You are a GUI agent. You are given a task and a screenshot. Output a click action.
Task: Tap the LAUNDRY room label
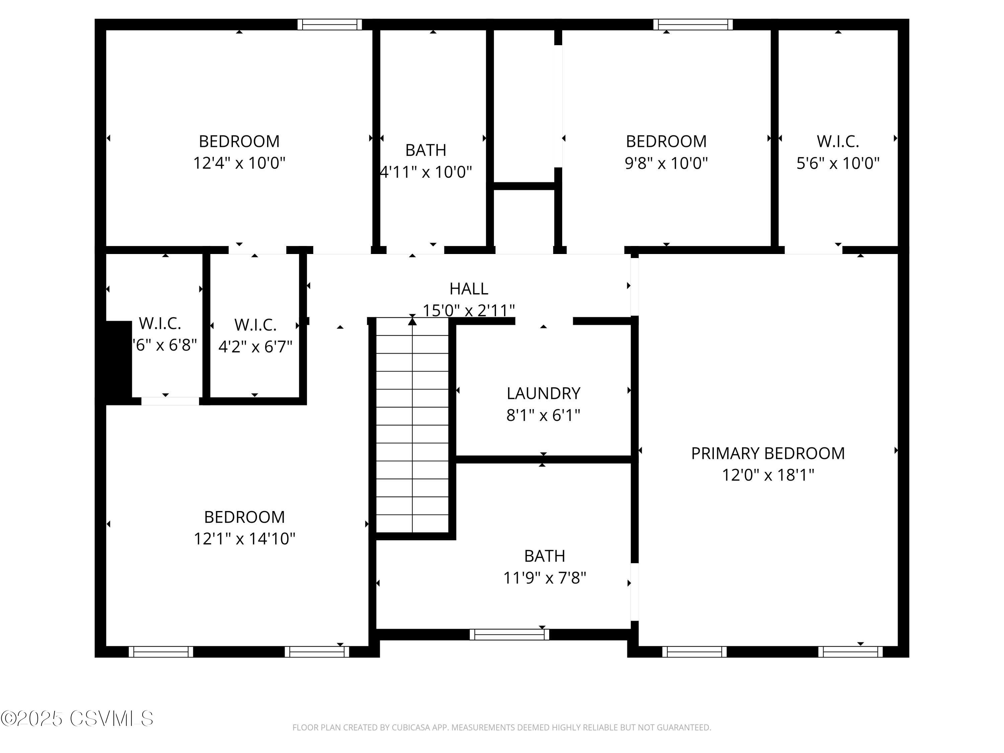(543, 393)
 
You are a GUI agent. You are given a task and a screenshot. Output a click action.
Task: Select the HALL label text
(469, 289)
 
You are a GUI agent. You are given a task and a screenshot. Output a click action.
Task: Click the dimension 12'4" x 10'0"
(239, 163)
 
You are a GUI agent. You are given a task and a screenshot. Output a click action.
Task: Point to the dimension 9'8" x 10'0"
(666, 163)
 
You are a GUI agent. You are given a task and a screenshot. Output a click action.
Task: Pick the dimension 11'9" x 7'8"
(544, 578)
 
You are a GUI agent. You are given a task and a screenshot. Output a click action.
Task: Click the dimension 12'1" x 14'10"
(244, 539)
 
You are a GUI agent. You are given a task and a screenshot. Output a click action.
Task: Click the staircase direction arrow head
(412, 321)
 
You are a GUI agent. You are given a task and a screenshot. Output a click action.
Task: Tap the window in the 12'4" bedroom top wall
(330, 24)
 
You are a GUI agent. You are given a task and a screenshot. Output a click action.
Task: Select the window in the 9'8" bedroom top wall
(693, 24)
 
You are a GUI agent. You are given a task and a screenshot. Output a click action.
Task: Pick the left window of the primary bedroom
(694, 652)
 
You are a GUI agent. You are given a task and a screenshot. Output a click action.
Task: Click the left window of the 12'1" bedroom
(161, 652)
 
